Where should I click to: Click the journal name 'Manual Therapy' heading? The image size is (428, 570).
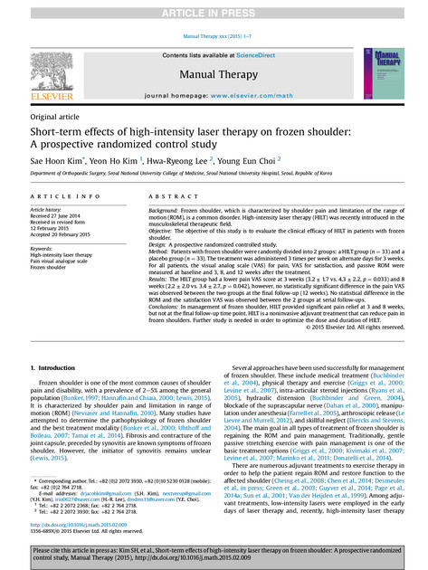coord(214,74)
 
